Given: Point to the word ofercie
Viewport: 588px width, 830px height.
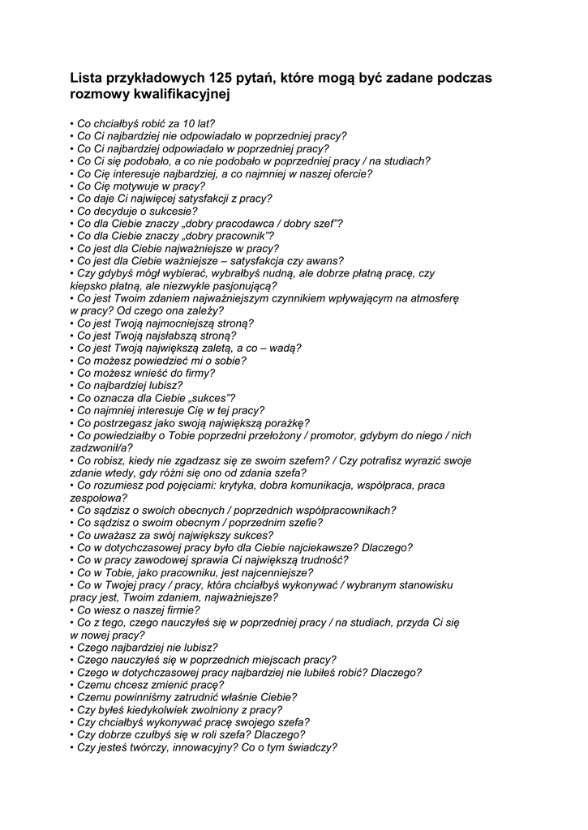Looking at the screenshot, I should (350, 173).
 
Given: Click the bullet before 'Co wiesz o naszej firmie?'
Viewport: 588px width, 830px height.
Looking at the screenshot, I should (72, 610).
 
